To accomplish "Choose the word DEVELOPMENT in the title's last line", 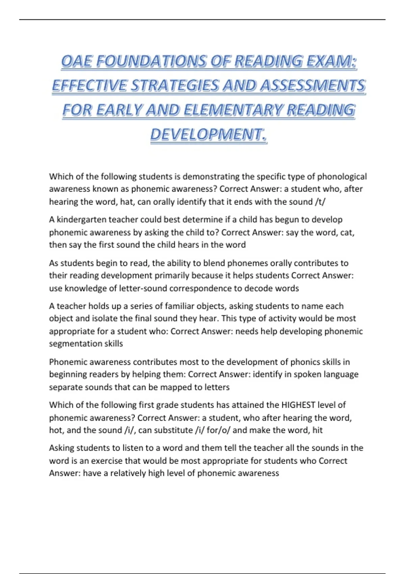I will [x=207, y=134].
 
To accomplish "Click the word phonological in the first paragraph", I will [x=342, y=177].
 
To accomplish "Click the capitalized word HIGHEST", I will [x=298, y=405].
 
